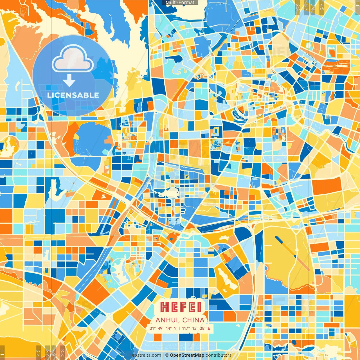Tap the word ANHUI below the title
(x=168, y=320)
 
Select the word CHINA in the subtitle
(x=193, y=320)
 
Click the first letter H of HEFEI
(x=164, y=307)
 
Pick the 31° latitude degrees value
(x=153, y=328)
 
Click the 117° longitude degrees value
(x=186, y=328)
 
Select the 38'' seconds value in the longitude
(x=203, y=328)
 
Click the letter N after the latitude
(x=175, y=328)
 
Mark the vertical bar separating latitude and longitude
(x=179, y=328)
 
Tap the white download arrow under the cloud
(x=69, y=81)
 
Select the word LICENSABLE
(x=73, y=95)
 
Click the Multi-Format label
(x=180, y=3)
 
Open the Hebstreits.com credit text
(x=145, y=355)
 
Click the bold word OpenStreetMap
(x=187, y=355)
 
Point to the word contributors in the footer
(x=219, y=355)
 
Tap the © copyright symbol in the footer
(x=167, y=355)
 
